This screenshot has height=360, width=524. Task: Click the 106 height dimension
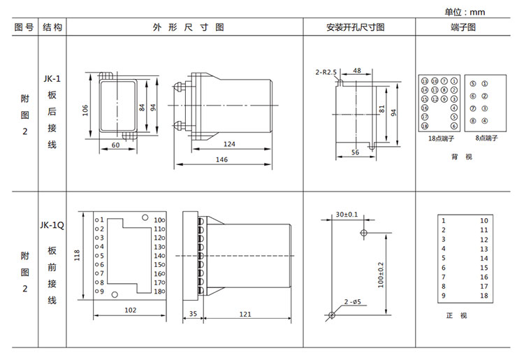click(85, 110)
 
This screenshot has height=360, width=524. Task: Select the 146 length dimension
click(221, 160)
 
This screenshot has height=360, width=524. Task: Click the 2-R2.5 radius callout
click(326, 71)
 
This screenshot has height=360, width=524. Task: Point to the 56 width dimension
click(355, 152)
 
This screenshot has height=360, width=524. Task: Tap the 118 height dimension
click(78, 255)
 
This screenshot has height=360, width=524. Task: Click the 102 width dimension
click(130, 309)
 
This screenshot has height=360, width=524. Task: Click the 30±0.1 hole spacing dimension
click(346, 214)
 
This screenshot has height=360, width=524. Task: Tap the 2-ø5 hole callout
click(352, 302)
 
